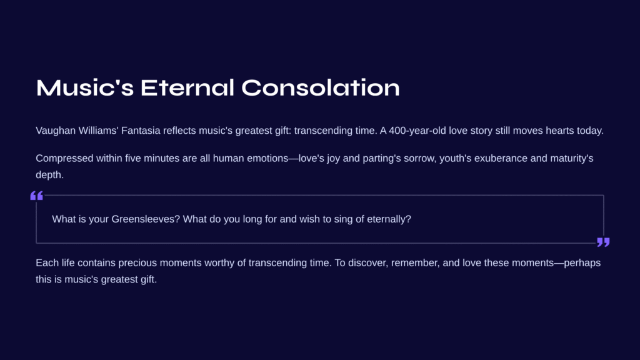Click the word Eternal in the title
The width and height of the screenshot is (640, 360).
click(187, 87)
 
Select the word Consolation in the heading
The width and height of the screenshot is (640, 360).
click(321, 87)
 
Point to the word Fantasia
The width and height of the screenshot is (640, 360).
click(141, 131)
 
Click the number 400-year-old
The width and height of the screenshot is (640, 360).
click(417, 131)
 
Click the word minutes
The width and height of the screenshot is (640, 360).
click(162, 158)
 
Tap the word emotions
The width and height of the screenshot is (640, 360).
click(267, 158)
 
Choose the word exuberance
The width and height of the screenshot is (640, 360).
click(501, 158)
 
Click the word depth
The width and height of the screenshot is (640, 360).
click(49, 175)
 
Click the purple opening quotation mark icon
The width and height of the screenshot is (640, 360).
click(37, 196)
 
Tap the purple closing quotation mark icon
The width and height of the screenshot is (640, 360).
click(603, 242)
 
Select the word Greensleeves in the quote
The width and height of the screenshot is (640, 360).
click(146, 219)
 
